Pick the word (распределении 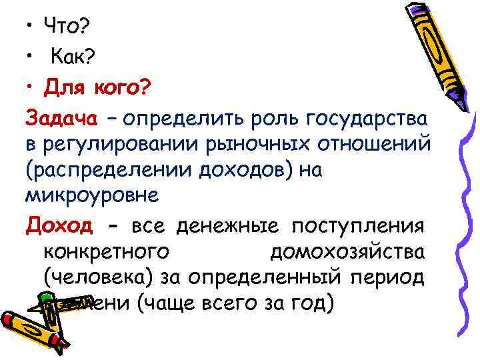click(x=106, y=171)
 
